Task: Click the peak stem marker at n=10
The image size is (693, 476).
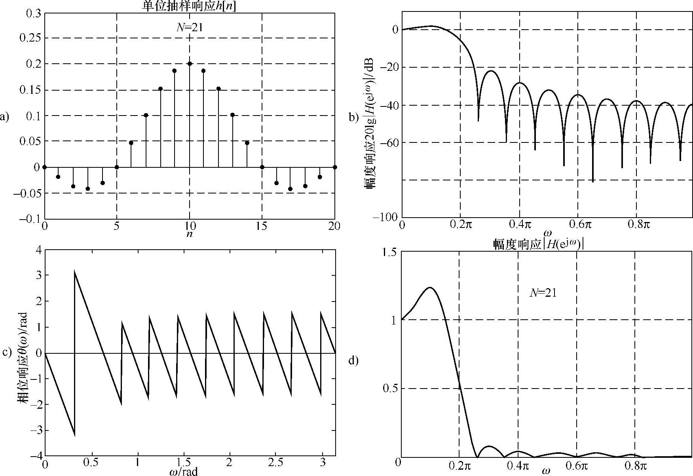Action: (x=190, y=64)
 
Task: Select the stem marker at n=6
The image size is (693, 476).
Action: (x=131, y=143)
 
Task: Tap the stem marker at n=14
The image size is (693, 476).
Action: (x=247, y=143)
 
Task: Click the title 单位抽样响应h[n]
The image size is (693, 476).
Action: (x=189, y=6)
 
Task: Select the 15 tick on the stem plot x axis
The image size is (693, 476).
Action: (x=262, y=226)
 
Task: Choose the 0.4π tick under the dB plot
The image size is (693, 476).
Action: (x=520, y=226)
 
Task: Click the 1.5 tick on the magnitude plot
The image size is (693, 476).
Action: (x=390, y=252)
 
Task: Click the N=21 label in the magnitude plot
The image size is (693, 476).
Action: (x=543, y=293)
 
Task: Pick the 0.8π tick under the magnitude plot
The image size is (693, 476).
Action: (x=635, y=465)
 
